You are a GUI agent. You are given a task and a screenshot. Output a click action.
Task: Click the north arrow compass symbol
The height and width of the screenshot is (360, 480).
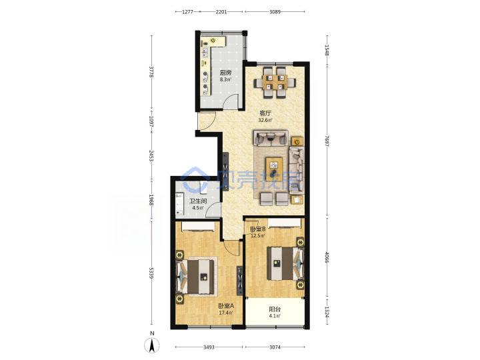[x=152, y=345]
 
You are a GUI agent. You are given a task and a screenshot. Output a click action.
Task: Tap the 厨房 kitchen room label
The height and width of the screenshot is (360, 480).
[x=225, y=73]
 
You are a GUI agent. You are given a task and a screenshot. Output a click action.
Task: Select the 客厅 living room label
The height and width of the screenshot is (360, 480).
[x=265, y=113]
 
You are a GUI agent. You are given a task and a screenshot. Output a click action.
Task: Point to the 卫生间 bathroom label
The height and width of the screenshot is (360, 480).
[x=198, y=201]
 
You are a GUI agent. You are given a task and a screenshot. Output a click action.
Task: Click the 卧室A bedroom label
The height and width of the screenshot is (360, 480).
[x=226, y=306]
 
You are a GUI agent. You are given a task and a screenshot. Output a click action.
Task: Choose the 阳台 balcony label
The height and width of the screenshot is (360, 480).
[x=275, y=309]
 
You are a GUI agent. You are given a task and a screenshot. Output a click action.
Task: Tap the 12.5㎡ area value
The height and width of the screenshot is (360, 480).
[x=258, y=236]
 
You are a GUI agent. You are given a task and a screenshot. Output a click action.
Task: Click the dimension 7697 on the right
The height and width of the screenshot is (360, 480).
[x=327, y=141]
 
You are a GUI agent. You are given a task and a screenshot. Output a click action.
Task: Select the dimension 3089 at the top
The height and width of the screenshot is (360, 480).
[x=275, y=12]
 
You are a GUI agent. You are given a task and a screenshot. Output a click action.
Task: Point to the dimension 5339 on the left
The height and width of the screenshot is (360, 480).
[x=151, y=273]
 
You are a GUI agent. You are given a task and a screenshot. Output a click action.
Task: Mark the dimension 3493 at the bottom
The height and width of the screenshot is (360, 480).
[x=209, y=347]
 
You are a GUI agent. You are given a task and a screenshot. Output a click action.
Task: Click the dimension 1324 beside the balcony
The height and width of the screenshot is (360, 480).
[x=327, y=312]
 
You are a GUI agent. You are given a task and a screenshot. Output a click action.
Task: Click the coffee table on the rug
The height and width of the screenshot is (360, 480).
[x=274, y=167]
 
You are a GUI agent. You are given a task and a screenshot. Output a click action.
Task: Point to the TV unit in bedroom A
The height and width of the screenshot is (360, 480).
[x=240, y=281]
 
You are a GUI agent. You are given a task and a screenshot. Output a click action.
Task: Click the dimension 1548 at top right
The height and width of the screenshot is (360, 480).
[x=327, y=50]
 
